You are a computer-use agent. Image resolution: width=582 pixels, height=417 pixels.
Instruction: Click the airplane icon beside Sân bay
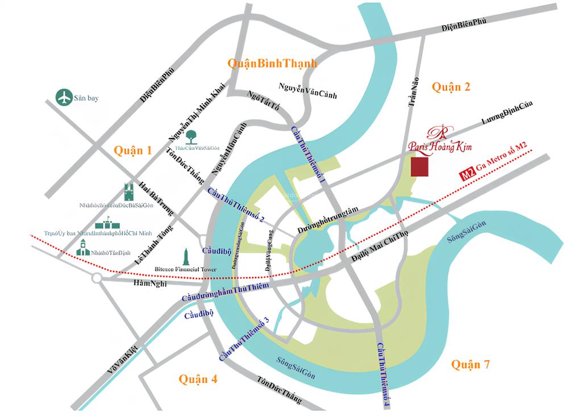tap(64, 97)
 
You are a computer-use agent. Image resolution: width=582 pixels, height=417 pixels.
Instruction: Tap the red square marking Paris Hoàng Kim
tap(419, 167)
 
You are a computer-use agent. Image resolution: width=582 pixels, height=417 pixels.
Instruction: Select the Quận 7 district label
tap(470, 365)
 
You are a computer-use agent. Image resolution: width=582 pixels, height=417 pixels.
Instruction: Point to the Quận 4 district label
tap(198, 379)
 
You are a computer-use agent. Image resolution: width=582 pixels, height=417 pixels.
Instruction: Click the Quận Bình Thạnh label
tap(272, 63)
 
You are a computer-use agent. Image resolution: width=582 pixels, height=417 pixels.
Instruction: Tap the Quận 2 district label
tap(451, 86)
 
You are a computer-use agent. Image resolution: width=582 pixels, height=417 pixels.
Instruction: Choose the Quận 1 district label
tap(132, 151)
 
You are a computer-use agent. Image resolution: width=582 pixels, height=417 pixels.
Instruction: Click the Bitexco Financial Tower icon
tap(186, 257)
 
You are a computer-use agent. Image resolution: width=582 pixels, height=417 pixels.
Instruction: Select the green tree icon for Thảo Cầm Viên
tap(192, 136)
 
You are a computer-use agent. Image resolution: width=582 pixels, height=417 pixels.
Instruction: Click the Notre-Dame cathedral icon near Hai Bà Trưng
tap(128, 191)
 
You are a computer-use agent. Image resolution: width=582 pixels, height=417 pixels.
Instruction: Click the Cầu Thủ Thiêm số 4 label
tap(384, 375)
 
